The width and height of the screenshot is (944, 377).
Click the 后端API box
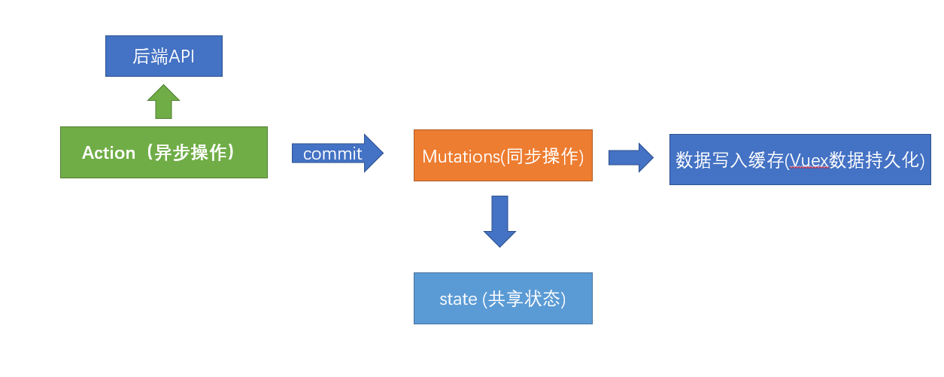tap(163, 56)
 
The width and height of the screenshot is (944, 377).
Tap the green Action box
tap(163, 152)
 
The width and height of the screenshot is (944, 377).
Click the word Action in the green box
tap(108, 153)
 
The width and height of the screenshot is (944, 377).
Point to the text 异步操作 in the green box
tap(187, 153)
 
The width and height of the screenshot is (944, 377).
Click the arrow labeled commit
tap(338, 154)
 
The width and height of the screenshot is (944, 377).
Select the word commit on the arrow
tap(332, 154)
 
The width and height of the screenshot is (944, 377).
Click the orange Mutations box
tap(502, 155)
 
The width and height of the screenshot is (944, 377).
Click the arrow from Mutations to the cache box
tap(630, 157)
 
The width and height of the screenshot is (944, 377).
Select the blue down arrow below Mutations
tap(499, 221)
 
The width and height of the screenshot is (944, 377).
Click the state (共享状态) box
tap(502, 298)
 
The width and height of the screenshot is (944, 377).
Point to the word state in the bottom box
tap(458, 299)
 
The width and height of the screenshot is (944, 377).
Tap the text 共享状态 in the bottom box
tap(524, 299)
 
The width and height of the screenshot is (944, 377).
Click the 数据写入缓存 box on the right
tap(800, 160)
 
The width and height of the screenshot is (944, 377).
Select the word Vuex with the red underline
tap(808, 160)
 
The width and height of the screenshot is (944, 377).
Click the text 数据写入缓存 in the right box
tap(730, 160)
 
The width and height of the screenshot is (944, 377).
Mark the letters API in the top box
tap(182, 56)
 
